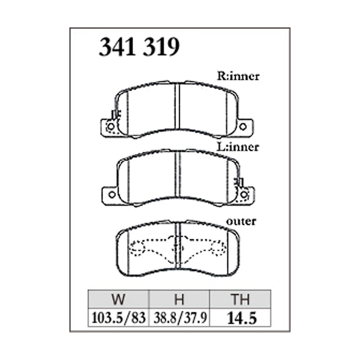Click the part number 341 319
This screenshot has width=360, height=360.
(x=139, y=47)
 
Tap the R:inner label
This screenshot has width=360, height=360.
(x=238, y=76)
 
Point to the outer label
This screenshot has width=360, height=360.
(x=242, y=221)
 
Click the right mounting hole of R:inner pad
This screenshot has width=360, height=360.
(x=243, y=127)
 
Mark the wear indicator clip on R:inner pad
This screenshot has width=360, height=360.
(x=114, y=114)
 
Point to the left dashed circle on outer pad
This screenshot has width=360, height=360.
(x=137, y=247)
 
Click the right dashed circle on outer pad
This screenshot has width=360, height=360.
(x=219, y=247)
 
